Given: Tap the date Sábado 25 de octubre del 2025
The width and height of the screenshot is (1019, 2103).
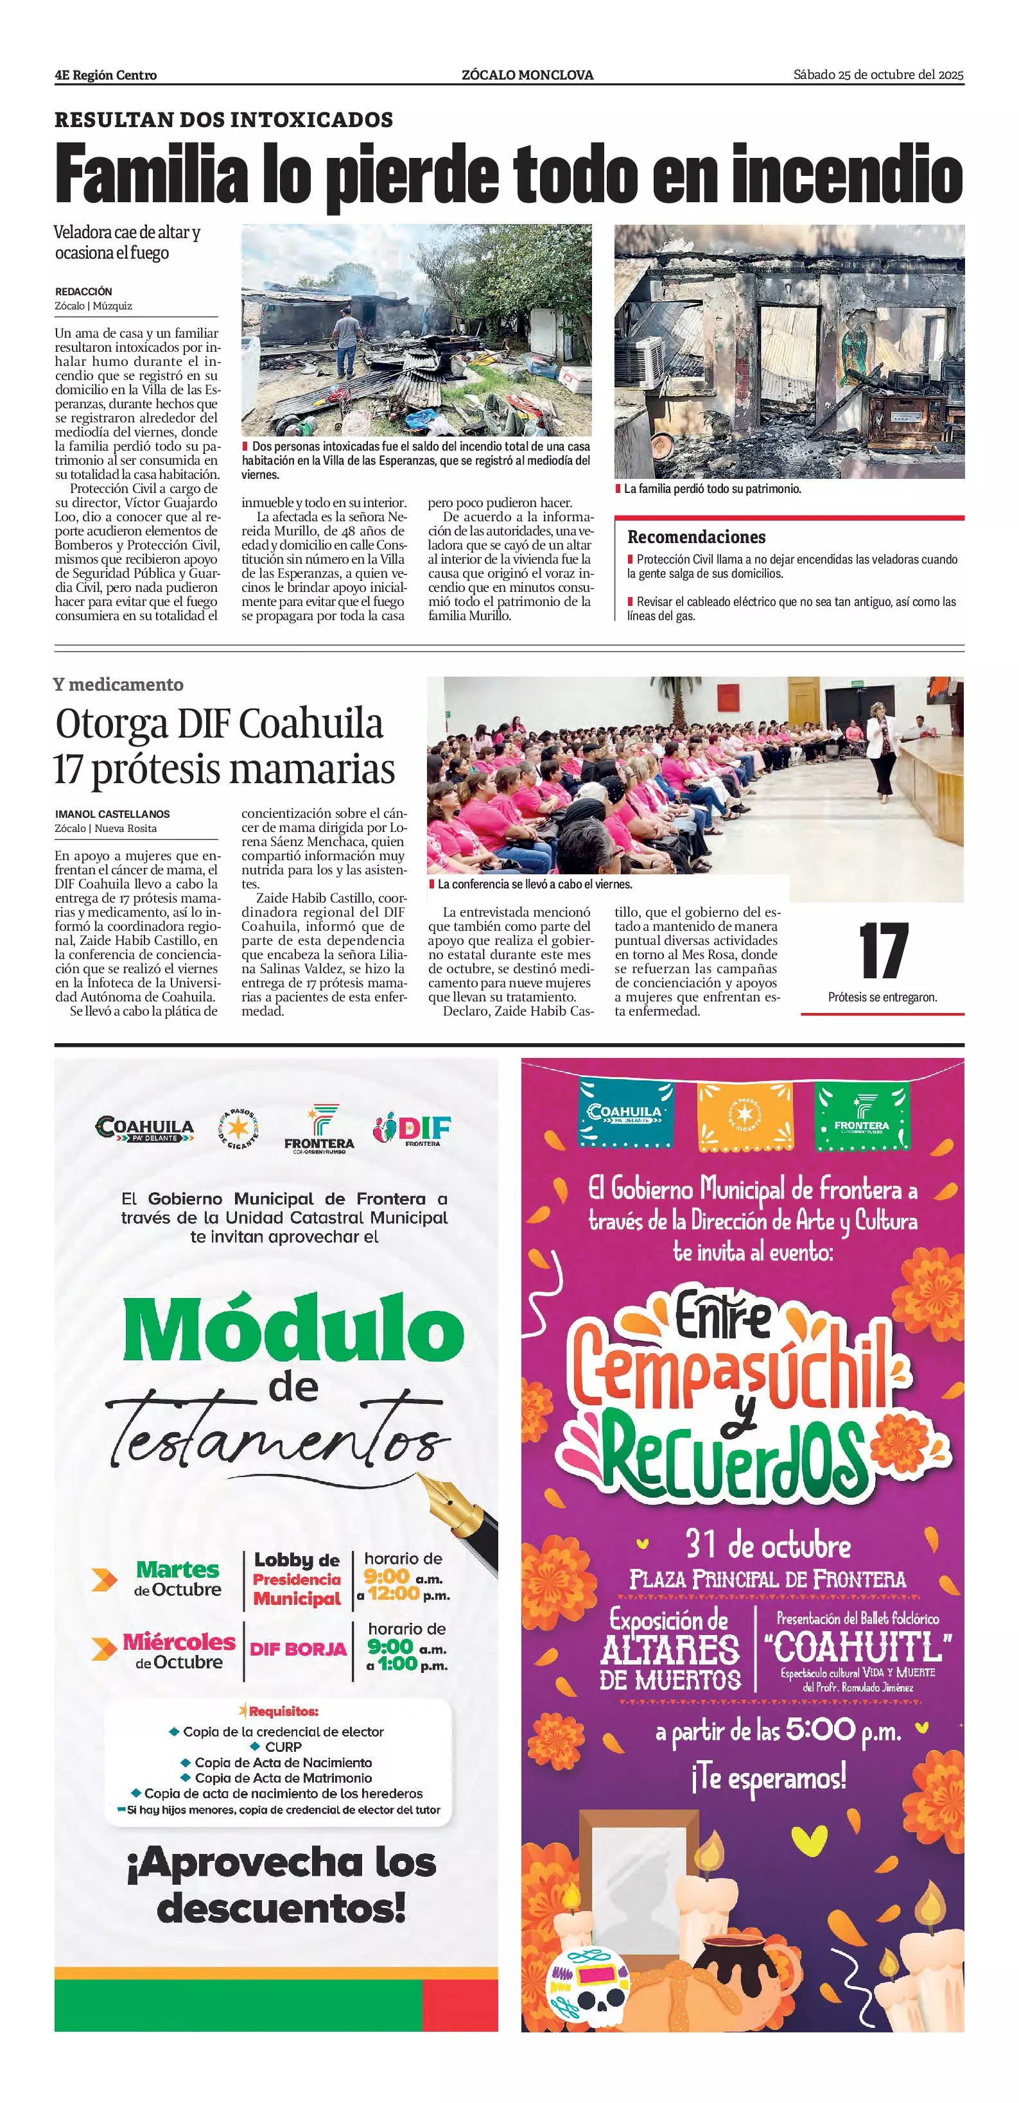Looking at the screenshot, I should coord(878,75).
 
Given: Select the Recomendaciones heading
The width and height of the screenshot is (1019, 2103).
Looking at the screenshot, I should coord(695,537).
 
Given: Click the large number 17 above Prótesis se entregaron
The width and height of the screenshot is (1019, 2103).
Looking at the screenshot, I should coord(883,951).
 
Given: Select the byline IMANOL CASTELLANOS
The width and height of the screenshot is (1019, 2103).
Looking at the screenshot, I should coord(112,814).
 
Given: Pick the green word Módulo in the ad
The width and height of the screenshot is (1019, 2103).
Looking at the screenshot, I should coord(293,1329).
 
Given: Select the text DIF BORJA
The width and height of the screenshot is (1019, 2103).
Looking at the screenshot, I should coord(298,1649).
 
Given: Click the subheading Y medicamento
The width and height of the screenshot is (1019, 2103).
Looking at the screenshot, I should coord(118,685).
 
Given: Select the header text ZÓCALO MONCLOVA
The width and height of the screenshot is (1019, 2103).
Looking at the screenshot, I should coord(527,75).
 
